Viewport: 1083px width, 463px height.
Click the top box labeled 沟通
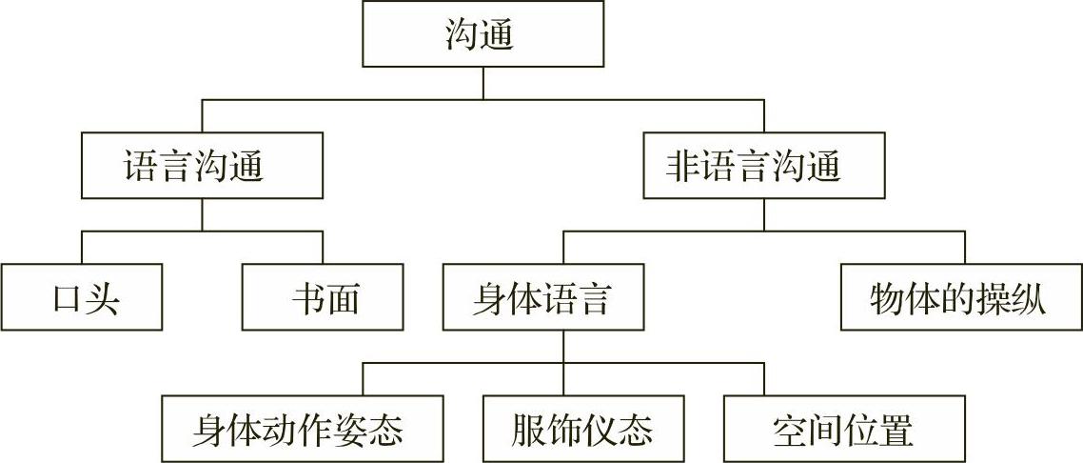482,34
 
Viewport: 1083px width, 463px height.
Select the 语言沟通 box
201,166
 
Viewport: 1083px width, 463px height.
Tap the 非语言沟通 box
763,166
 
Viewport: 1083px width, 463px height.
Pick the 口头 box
81,299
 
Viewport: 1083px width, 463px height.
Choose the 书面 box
323,299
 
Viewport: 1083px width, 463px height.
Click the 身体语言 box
541,299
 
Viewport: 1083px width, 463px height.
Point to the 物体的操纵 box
960,299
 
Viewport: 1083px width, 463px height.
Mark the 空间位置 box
843,430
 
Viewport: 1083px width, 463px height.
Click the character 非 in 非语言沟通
684,167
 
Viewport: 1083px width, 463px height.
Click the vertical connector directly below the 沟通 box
482,84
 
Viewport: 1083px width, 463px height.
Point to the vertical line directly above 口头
81,248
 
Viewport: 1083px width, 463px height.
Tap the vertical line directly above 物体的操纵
965,248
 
